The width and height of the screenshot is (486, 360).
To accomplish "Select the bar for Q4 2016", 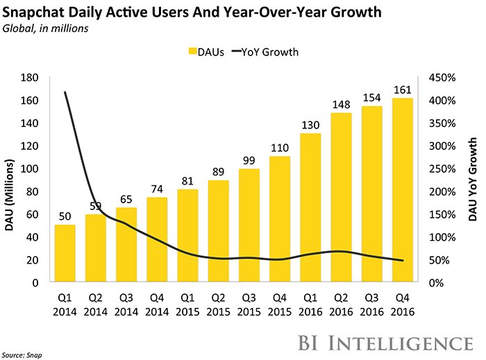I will point(403,190).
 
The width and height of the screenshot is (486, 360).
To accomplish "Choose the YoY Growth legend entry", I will point(266,51).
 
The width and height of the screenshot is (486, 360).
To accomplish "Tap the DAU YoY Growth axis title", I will point(473,180).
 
